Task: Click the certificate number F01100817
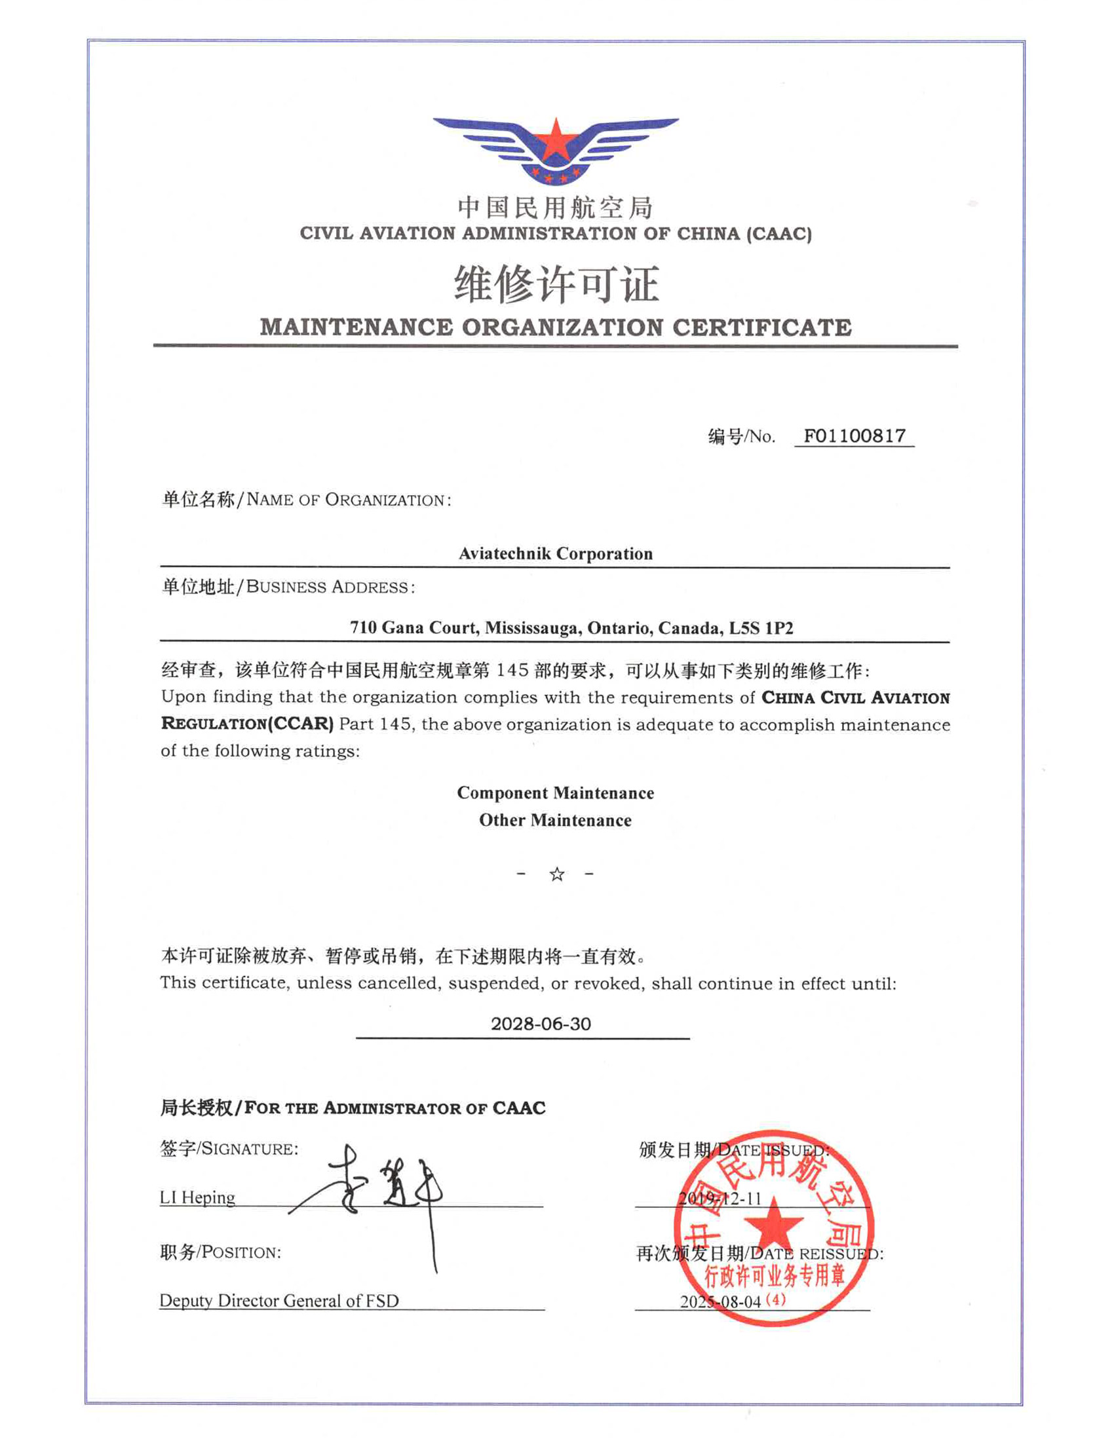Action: pos(854,436)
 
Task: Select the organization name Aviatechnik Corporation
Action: pos(556,553)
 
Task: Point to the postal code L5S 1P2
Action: pos(761,627)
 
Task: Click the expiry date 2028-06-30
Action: pos(541,1024)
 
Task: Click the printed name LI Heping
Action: pos(197,1197)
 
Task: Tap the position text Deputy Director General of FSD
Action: pos(279,1300)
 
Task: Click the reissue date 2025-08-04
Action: pos(720,1301)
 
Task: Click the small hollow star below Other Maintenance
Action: pos(556,874)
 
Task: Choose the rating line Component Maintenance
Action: pos(556,793)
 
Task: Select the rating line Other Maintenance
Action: pos(556,820)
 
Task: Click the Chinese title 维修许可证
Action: pos(556,284)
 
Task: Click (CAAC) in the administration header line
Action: pos(778,234)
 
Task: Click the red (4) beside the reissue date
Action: pos(776,1300)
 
